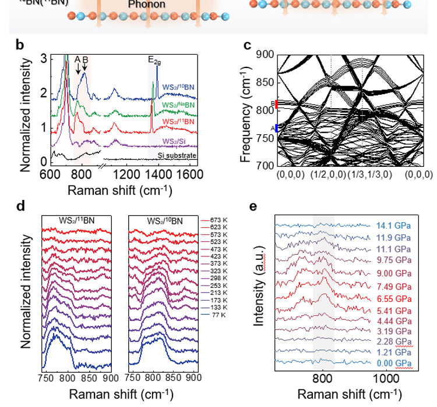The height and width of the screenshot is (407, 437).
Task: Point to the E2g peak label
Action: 154,60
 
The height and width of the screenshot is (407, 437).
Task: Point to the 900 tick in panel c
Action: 264,55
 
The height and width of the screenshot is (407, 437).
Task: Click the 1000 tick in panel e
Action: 385,376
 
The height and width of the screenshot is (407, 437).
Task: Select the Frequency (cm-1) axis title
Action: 246,110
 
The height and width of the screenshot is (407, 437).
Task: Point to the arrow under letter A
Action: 77,69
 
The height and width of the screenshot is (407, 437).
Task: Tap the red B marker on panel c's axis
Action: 277,104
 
